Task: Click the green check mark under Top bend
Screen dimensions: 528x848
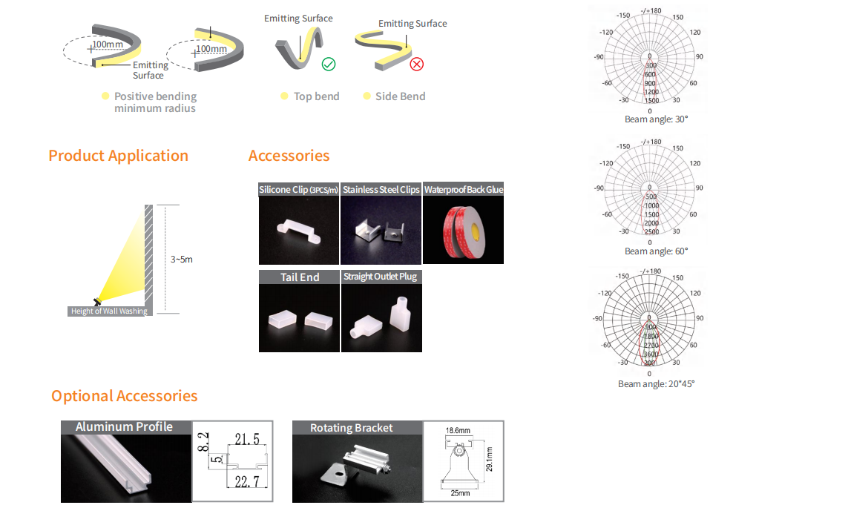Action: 329,65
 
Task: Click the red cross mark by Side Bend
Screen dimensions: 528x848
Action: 417,65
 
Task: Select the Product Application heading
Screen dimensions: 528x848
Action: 118,156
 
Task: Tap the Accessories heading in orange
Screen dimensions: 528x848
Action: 289,156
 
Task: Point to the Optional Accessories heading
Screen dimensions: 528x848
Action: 124,396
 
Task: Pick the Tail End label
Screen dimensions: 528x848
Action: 300,277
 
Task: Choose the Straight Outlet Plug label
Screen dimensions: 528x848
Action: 381,277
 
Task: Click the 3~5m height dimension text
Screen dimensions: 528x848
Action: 182,260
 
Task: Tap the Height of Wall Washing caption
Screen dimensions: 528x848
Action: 109,311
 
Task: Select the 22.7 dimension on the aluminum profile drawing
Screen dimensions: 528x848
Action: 246,483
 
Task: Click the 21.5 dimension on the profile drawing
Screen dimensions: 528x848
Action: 246,440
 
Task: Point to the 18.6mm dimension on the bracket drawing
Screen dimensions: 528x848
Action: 458,430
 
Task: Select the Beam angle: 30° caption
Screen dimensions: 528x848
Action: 656,119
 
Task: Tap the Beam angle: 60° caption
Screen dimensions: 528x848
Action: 656,251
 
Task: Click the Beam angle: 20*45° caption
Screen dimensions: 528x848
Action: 656,384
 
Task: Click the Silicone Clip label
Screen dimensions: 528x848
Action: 298,190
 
